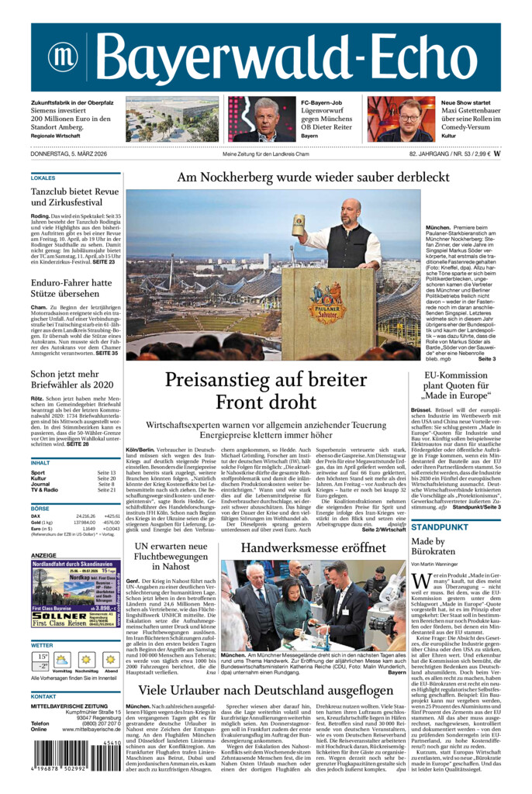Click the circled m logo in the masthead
[62, 57]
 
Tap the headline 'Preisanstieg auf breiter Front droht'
[265, 391]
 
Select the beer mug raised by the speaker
[299, 225]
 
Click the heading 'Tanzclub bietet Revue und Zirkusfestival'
[75, 197]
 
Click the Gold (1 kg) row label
[43, 523]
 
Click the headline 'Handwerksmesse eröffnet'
[313, 547]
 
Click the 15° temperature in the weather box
[40, 656]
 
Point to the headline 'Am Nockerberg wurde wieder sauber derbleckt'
[313, 177]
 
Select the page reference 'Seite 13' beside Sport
[106, 472]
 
